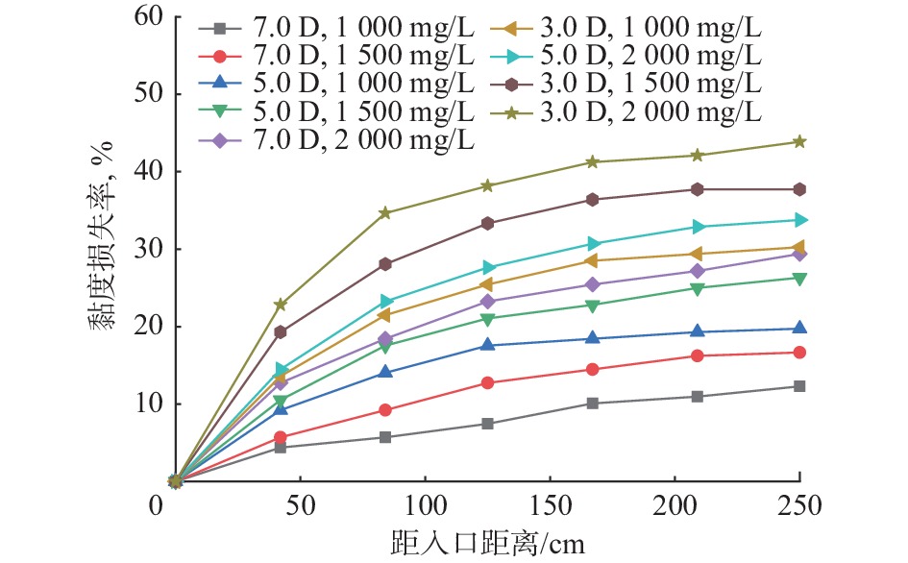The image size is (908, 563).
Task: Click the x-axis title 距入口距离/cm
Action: pyautogui.click(x=488, y=544)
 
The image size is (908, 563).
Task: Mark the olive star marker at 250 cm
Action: pyautogui.click(x=799, y=141)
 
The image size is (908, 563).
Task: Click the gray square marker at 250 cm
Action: pyautogui.click(x=799, y=386)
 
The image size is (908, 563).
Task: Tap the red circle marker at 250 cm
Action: pyautogui.click(x=799, y=353)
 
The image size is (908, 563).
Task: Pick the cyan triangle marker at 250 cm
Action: pyautogui.click(x=799, y=220)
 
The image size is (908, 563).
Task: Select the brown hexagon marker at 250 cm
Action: pyautogui.click(x=799, y=189)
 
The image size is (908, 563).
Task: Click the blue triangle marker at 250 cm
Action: pyautogui.click(x=799, y=329)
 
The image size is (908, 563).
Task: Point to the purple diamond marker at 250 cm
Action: pyautogui.click(x=799, y=254)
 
